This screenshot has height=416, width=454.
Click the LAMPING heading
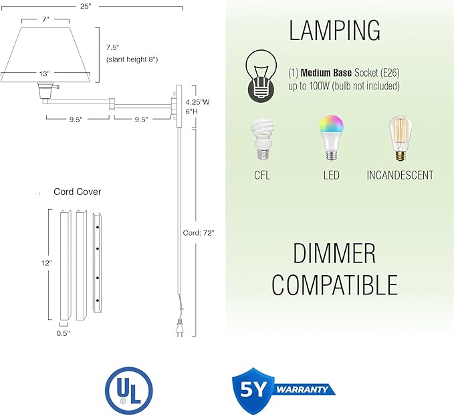coord(335,31)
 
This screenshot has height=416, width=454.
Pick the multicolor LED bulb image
coord(331,137)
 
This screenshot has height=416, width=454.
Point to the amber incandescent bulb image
coord(399,139)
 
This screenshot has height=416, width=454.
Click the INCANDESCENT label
coord(400,176)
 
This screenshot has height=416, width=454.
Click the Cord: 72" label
coord(199,234)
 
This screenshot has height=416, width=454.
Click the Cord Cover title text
coord(78,192)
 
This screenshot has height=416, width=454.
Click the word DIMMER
coord(334,254)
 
